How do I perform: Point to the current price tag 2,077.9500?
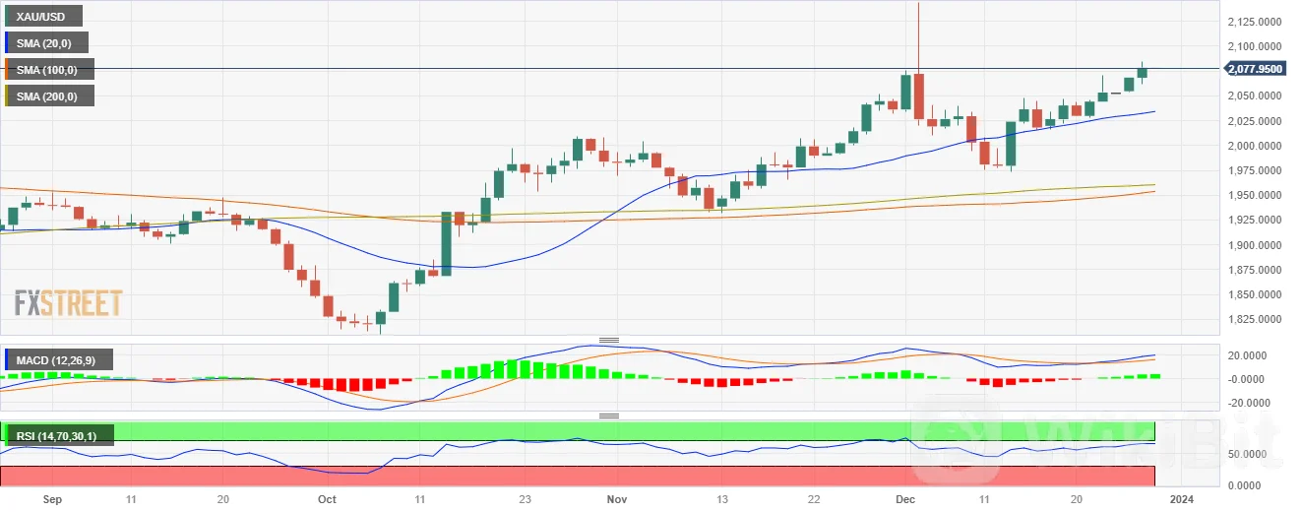[x=1254, y=69]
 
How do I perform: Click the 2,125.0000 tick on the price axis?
[x=1254, y=21]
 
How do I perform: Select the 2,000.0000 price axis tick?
[x=1254, y=146]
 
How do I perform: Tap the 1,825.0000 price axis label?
[x=1254, y=320]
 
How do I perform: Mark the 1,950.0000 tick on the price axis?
[x=1254, y=195]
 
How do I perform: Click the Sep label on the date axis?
[x=53, y=500]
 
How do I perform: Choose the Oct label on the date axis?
[x=328, y=500]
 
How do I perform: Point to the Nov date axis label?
[x=615, y=500]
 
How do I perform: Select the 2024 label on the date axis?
[x=1183, y=500]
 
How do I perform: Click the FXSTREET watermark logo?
[x=68, y=303]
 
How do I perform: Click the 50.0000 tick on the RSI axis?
[x=1247, y=454]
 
